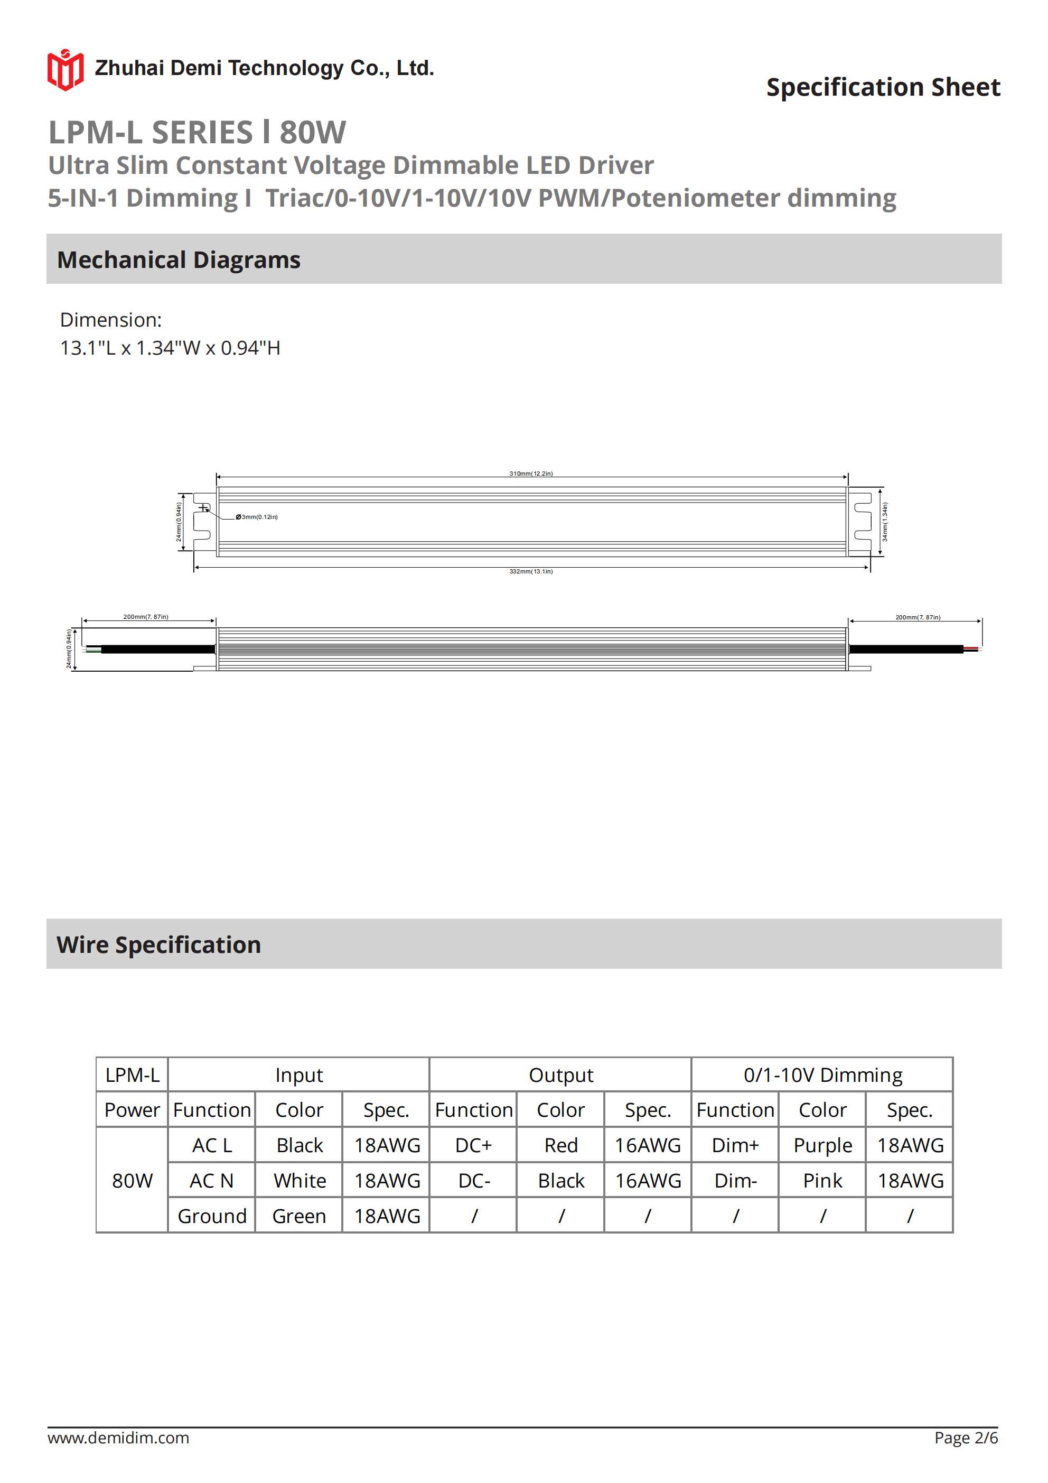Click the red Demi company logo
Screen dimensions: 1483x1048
pos(65,70)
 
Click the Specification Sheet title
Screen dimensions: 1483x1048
pos(883,87)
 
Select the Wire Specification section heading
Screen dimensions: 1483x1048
pos(159,944)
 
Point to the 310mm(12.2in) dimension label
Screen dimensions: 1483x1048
pos(531,474)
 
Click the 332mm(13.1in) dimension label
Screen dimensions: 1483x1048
pos(531,572)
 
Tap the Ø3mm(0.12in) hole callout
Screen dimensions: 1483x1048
pos(257,517)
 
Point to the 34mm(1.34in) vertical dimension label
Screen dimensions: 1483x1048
pos(885,522)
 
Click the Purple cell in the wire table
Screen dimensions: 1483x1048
pos(822,1145)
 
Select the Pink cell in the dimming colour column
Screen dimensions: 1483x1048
pos(822,1181)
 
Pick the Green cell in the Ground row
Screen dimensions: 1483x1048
pos(299,1216)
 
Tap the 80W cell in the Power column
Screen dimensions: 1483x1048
pos(133,1181)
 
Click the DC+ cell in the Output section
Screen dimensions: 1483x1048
pos(473,1145)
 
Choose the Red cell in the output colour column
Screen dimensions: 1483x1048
pos(560,1145)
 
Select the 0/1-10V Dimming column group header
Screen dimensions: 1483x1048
pos(822,1075)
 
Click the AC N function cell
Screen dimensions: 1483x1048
pos(212,1181)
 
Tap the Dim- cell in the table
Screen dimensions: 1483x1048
pos(735,1181)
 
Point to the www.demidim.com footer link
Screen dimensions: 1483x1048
pos(118,1438)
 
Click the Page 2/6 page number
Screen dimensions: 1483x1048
pos(966,1438)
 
